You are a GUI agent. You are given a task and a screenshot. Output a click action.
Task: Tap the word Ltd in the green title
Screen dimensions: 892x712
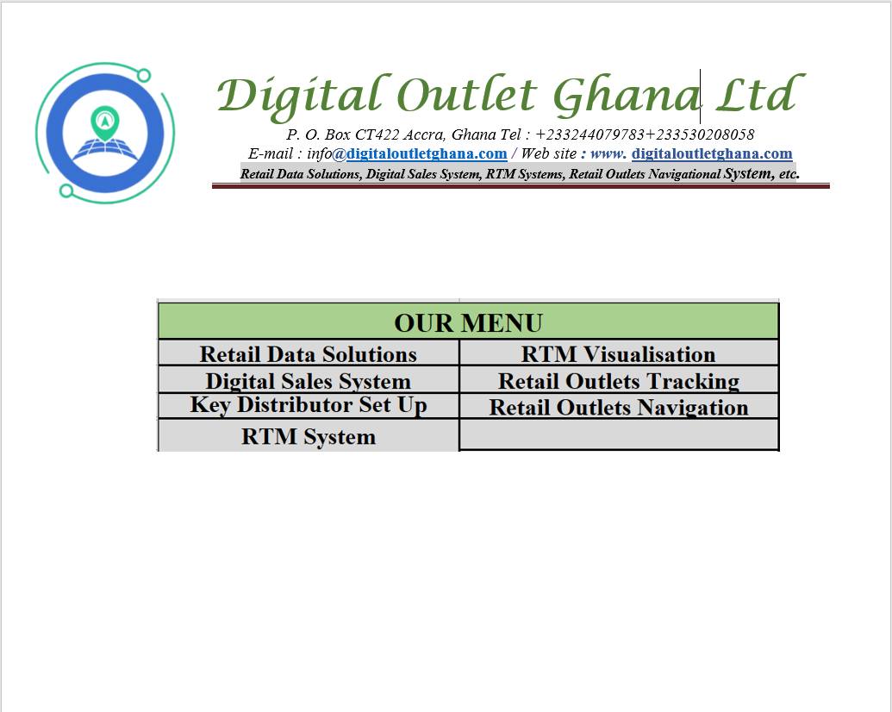[x=759, y=93]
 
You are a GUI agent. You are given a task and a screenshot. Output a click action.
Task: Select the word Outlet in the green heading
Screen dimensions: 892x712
[x=466, y=93]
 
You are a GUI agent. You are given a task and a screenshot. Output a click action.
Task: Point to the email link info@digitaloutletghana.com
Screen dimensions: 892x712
[x=407, y=153]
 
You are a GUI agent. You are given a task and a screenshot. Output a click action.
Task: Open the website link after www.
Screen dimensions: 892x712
[x=712, y=153]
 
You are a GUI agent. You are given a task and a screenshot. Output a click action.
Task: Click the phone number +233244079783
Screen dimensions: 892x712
[x=589, y=134]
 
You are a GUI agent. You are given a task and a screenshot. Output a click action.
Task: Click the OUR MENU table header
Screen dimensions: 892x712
[x=468, y=322]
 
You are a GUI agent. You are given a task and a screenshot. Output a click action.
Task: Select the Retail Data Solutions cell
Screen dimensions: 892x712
[x=309, y=353]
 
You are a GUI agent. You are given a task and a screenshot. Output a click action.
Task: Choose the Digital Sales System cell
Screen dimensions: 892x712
[x=309, y=379]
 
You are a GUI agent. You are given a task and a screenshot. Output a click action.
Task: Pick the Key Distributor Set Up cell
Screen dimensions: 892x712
[x=309, y=406]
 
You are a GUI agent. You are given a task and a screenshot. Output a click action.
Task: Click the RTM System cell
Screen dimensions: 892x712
[x=309, y=436]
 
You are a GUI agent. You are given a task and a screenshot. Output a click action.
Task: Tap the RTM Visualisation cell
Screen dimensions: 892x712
[x=619, y=353]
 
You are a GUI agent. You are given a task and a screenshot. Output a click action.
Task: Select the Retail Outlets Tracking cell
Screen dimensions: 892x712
[x=619, y=379]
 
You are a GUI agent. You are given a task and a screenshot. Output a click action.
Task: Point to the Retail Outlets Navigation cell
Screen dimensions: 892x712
[x=619, y=406]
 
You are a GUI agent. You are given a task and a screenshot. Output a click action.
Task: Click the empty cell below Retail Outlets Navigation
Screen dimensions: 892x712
[x=619, y=434]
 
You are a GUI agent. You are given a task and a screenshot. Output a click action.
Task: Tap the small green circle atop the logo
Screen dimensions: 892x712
[x=144, y=75]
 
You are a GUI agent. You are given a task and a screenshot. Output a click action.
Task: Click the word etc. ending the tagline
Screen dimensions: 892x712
[x=789, y=174]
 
